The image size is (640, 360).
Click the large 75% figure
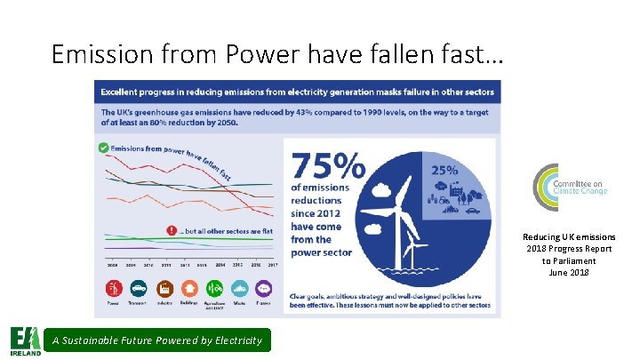pyautogui.click(x=328, y=167)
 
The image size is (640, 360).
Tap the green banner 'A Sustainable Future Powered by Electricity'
pyautogui.click(x=156, y=340)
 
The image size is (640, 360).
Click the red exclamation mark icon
pyautogui.click(x=172, y=231)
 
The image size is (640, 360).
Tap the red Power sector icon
pyautogui.click(x=114, y=289)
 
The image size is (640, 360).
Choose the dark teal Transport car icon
pyautogui.click(x=139, y=289)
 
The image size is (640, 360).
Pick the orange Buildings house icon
pyautogui.click(x=188, y=289)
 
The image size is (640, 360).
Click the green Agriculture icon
pyautogui.click(x=213, y=289)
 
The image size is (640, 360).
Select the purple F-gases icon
pyautogui.click(x=264, y=289)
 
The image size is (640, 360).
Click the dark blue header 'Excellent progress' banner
pyautogui.click(x=297, y=92)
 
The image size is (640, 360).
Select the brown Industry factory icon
pyautogui.click(x=164, y=289)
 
